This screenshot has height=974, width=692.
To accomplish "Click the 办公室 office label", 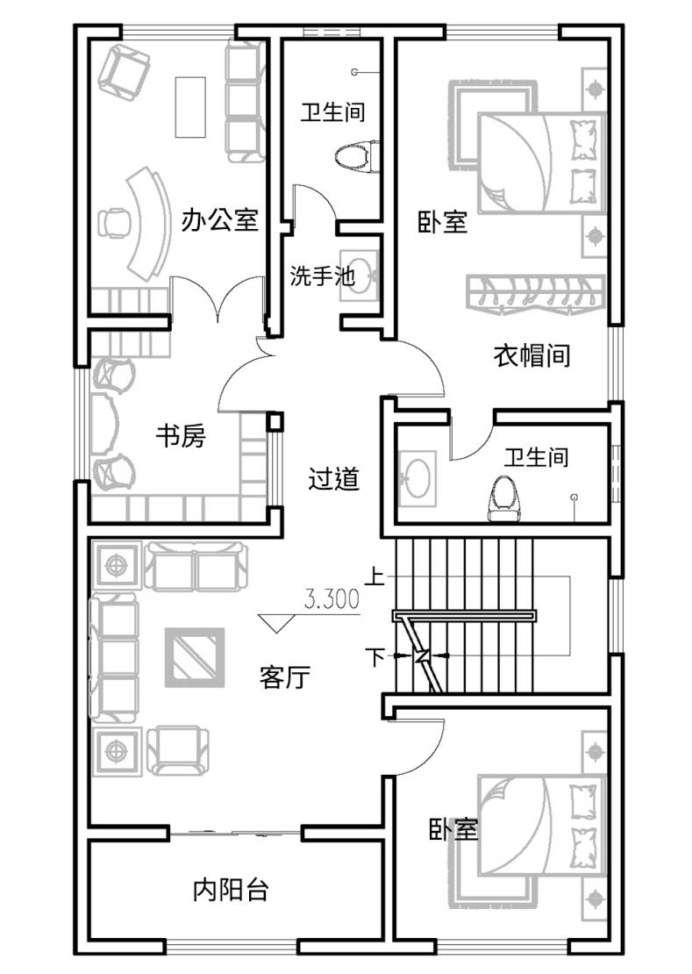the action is tap(219, 220).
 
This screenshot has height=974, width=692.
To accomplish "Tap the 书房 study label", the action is tap(180, 436).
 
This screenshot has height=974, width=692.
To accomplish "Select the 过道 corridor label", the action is tap(334, 479).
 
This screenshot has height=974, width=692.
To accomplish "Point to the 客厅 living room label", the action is tap(285, 677).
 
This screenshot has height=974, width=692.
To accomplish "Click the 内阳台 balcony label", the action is tap(231, 890).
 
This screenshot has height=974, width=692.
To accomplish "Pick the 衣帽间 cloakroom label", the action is tap(531, 356).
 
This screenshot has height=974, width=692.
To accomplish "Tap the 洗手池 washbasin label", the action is tap(322, 276).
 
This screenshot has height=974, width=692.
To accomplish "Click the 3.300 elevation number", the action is tap(332, 598).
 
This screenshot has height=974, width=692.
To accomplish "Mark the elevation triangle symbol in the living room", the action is tap(277, 622).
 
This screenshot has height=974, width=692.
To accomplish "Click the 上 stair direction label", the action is tap(375, 577).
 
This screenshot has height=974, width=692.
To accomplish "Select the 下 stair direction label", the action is tap(375, 656).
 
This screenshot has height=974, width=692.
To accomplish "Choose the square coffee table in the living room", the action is tap(194, 657).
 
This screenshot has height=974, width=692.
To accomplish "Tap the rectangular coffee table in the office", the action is tap(190, 107).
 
